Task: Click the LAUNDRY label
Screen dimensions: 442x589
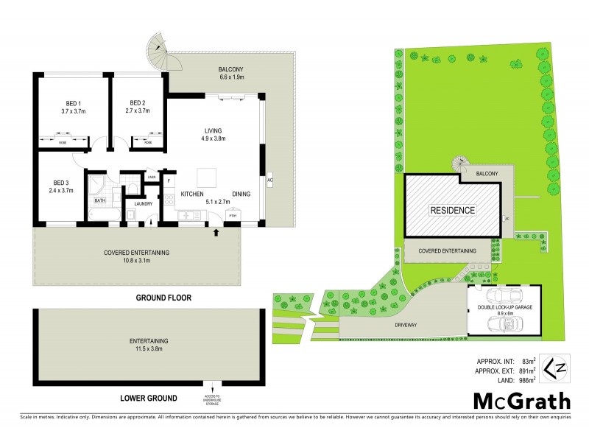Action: point(143,204)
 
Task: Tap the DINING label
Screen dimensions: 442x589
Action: point(241,194)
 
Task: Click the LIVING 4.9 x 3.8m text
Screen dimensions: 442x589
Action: point(214,134)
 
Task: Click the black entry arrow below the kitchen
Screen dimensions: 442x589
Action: point(216,233)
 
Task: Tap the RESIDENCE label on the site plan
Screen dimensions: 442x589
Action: point(453,209)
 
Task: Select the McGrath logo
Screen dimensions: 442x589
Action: point(521,401)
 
